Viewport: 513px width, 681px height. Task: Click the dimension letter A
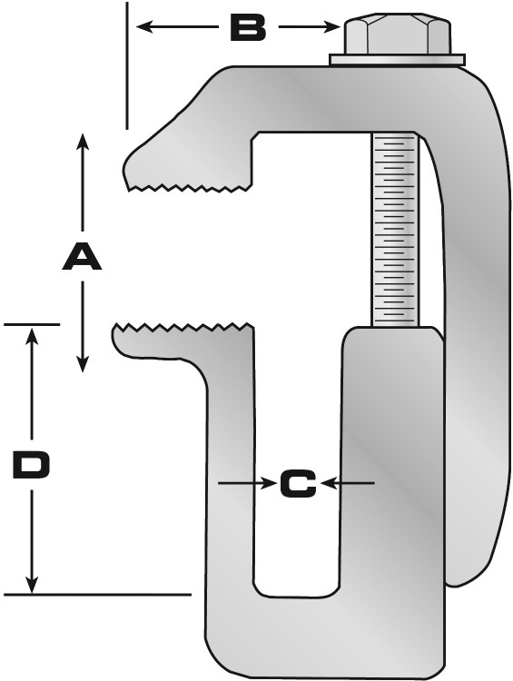click(x=82, y=257)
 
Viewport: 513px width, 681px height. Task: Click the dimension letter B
click(x=248, y=27)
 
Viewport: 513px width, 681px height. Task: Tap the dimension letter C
click(x=298, y=483)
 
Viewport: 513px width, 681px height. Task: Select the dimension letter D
click(x=32, y=465)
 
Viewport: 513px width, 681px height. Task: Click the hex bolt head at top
click(x=398, y=34)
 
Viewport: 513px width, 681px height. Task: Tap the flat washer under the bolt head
click(x=397, y=60)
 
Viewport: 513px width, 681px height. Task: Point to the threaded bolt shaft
click(x=395, y=230)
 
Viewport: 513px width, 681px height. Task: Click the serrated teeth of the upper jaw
click(x=190, y=188)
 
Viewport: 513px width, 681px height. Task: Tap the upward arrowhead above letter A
click(x=83, y=142)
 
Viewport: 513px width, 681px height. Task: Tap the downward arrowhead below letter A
click(x=83, y=364)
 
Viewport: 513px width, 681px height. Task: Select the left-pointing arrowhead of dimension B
click(x=143, y=27)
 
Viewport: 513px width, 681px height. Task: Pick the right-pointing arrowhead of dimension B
click(x=332, y=27)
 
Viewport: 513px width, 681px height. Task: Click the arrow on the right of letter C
click(x=349, y=483)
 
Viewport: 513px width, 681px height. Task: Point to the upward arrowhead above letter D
click(x=31, y=336)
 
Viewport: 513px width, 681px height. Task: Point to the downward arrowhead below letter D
click(x=31, y=585)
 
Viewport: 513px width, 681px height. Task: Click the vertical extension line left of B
click(x=127, y=65)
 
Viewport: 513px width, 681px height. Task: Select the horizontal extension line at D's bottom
click(x=97, y=594)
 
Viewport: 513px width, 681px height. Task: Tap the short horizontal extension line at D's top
click(x=32, y=324)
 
